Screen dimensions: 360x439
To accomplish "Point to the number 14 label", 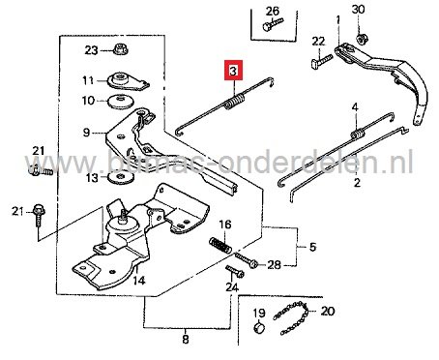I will pyautogui.click(x=138, y=280).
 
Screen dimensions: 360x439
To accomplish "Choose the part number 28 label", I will pyautogui.click(x=274, y=264).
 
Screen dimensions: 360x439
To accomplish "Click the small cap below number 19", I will pyautogui.click(x=258, y=332).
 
